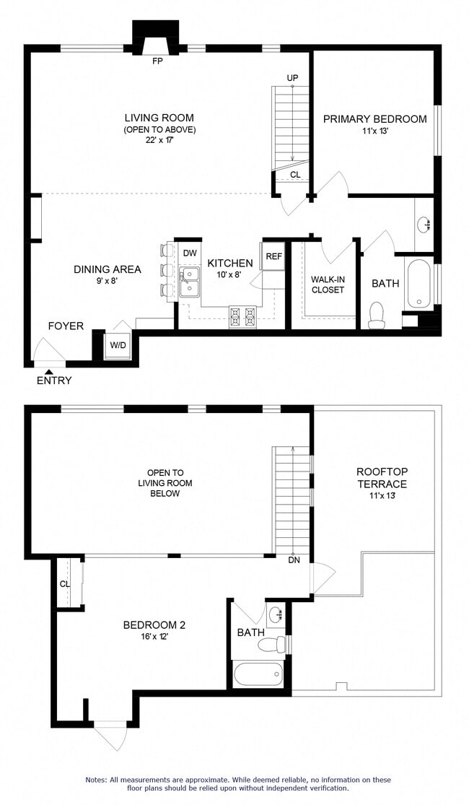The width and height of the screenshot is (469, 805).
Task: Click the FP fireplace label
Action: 157,61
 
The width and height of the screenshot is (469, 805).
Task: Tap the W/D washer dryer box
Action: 117,344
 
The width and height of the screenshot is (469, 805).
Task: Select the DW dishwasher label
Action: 189,253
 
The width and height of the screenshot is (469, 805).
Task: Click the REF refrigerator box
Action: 273,256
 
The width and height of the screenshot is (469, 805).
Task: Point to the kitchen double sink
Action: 190,282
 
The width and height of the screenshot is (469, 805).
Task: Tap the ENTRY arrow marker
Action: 50,370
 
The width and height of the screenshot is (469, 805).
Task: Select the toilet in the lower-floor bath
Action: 376,316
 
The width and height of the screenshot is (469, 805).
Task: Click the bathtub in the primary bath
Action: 418,284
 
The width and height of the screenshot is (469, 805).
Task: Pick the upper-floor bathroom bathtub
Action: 258,675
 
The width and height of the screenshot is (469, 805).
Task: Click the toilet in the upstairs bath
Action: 272,643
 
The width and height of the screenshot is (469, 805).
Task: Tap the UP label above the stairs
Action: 292,78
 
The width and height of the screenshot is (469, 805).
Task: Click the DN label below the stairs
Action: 294,560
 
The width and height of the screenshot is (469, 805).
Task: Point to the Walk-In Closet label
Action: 327,284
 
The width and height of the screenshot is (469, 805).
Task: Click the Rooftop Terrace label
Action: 381,478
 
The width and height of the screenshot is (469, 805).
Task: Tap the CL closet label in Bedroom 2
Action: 65,583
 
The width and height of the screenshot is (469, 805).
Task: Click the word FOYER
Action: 66,326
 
